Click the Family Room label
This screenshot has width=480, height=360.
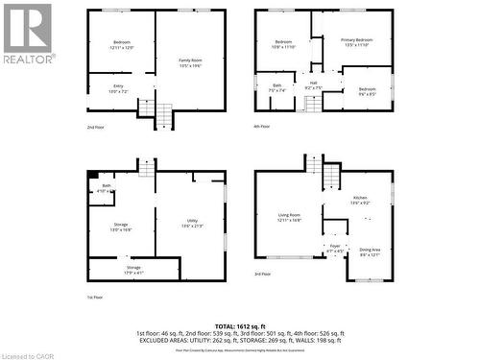click(x=189, y=62)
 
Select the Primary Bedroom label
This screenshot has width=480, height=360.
click(x=355, y=41)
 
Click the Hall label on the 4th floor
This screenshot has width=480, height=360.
click(x=313, y=84)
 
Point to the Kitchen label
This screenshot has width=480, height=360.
click(x=360, y=200)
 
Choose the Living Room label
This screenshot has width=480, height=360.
click(x=289, y=217)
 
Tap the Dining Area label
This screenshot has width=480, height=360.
click(x=370, y=252)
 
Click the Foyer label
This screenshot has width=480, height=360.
click(x=335, y=248)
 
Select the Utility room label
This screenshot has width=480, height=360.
click(x=192, y=224)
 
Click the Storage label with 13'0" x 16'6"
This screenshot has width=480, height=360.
click(x=121, y=227)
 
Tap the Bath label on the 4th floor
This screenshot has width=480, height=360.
click(x=276, y=88)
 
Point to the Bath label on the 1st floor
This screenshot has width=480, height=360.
click(x=107, y=188)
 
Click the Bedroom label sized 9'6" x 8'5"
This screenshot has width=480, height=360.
click(x=368, y=91)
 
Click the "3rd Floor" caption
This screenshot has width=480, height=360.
click(x=262, y=276)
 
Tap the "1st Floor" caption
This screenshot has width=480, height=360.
click(x=95, y=298)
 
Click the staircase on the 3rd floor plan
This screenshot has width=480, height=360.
click(x=330, y=177)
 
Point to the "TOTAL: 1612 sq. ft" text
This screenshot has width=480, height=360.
click(x=240, y=327)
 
